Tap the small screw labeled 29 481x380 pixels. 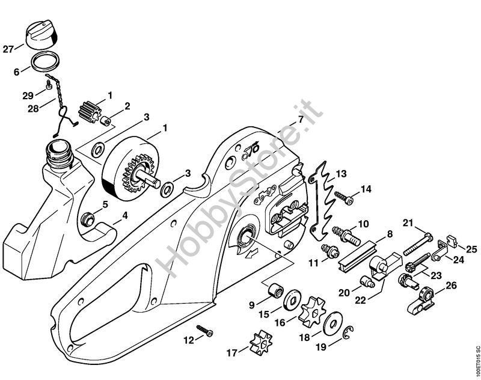(x=48, y=85)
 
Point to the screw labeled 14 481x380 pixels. (x=343, y=197)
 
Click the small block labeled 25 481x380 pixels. (x=453, y=240)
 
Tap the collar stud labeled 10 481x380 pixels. (x=347, y=234)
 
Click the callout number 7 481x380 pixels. (x=301, y=118)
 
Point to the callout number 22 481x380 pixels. (x=360, y=300)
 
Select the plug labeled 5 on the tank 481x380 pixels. (x=86, y=219)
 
